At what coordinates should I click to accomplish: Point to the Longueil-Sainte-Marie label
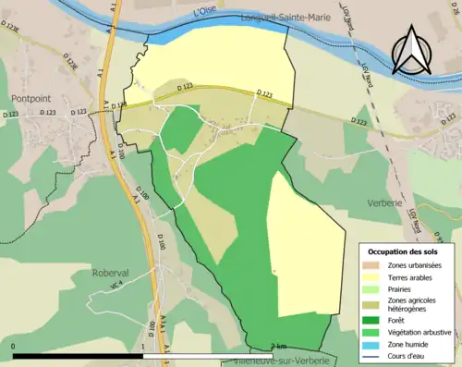[285, 18]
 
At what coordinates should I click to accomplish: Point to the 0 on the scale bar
[15, 347]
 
